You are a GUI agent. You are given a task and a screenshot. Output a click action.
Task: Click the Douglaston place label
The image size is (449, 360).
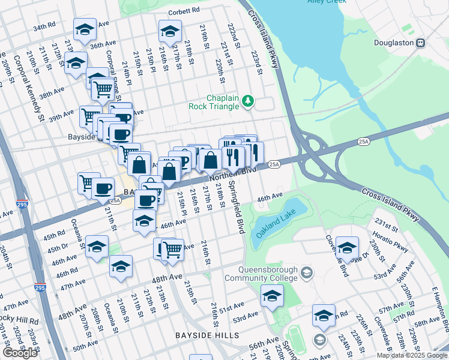coord(393,43)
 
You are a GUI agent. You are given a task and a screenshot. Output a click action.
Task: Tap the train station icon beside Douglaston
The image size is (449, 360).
coord(421,43)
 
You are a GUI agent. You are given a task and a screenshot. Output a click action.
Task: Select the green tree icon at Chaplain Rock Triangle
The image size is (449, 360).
coord(248,102)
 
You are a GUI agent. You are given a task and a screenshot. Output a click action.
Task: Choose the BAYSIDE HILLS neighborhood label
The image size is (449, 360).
coord(207,335)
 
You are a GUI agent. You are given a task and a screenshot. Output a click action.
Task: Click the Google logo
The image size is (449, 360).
coord(20,352)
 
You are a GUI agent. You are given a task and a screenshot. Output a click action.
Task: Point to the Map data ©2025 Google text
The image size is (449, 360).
coord(412,356)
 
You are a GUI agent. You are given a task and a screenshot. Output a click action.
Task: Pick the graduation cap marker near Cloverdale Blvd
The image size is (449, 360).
coord(347,246)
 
